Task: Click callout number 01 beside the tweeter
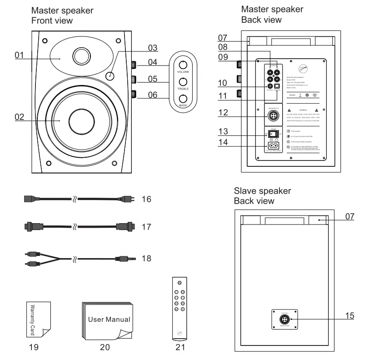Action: [x=19, y=55]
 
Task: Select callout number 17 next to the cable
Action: [x=145, y=226]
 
